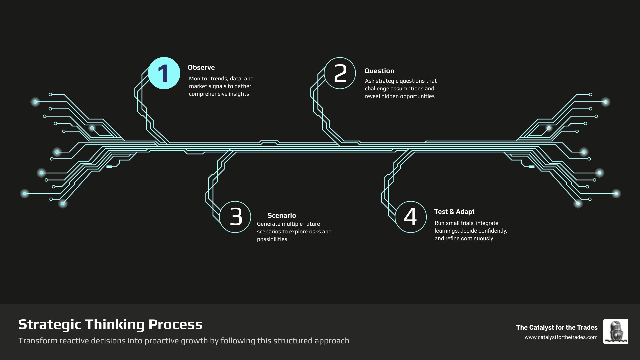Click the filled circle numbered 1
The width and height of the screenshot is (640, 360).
click(164, 73)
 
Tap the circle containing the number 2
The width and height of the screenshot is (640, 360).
click(340, 73)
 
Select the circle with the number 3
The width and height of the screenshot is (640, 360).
click(235, 217)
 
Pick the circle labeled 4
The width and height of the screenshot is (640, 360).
click(411, 217)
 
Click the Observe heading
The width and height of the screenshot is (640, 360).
click(201, 67)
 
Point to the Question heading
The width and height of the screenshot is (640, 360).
click(379, 71)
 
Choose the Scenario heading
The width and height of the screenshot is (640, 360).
click(282, 215)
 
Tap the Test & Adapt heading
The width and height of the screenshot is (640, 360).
click(454, 212)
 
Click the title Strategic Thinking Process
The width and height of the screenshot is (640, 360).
click(110, 324)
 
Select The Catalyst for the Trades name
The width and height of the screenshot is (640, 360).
click(557, 327)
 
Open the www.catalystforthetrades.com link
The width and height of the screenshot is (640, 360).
click(561, 337)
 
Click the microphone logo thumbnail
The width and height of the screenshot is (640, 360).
click(616, 331)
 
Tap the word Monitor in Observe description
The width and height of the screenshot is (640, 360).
click(199, 79)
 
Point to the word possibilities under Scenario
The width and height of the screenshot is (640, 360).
click(272, 239)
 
